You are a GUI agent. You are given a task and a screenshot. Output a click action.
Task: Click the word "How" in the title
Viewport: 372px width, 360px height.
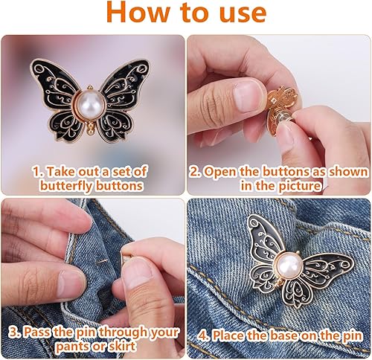(138, 13)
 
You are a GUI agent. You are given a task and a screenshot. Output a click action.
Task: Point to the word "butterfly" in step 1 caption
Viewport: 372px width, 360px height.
(66, 186)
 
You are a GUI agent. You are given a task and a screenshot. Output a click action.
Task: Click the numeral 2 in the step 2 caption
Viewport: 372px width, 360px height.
(193, 172)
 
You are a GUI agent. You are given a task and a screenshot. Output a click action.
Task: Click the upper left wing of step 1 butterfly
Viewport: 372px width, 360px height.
(56, 82)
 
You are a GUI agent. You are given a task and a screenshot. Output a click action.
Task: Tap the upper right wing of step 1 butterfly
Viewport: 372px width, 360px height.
(125, 80)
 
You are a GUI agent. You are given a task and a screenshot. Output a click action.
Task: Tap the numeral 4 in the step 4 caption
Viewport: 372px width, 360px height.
(202, 336)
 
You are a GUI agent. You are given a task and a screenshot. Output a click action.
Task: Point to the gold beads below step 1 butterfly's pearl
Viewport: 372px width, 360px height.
(91, 128)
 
